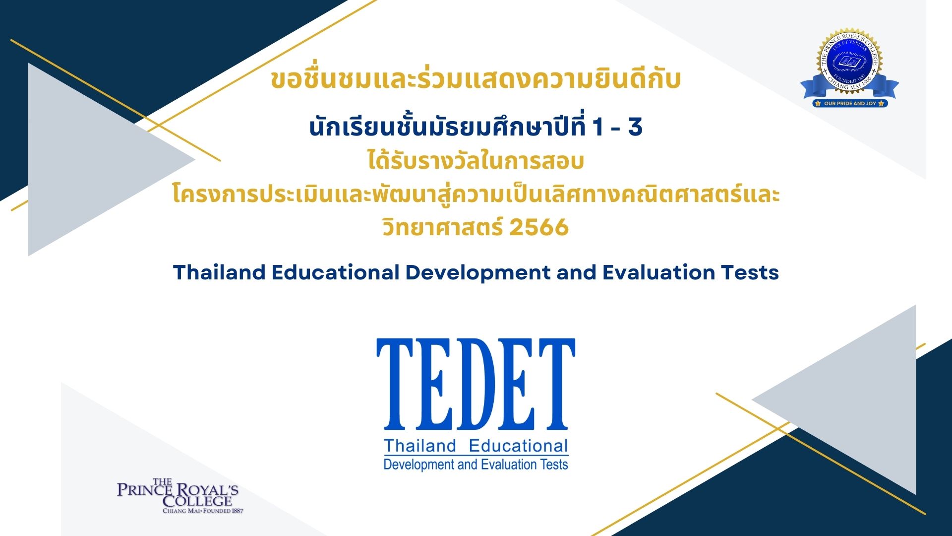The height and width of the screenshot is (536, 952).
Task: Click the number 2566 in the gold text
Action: coord(539,228)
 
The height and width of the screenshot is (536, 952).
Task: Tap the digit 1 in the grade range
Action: coord(597,127)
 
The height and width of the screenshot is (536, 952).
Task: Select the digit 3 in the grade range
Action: coord(635,127)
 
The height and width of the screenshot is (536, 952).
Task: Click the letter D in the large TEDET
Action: coord(476,384)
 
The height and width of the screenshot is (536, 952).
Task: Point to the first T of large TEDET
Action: coord(395,384)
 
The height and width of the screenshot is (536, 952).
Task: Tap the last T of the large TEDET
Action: coord(557,384)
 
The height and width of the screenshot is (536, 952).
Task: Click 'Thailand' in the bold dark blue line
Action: coord(219,272)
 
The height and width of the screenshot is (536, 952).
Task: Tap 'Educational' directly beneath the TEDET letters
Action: coord(518,446)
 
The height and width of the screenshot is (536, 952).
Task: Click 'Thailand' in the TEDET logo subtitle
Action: coord(420,446)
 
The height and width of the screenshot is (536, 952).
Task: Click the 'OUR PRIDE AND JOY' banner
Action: coord(850,103)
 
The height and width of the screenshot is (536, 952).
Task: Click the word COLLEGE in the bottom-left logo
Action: coord(197,501)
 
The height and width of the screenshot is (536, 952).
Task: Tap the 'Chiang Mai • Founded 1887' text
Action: coord(203,511)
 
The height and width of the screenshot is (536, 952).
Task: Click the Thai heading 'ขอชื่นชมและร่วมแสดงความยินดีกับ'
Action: coord(476,79)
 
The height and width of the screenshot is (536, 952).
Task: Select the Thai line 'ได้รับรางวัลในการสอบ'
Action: coord(476,161)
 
